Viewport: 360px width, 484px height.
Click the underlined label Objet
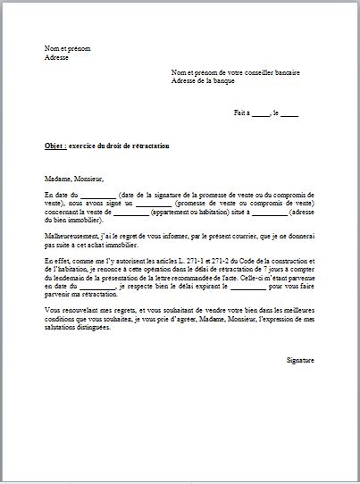click(x=54, y=145)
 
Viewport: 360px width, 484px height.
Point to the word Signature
click(x=300, y=359)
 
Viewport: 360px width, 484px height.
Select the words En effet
click(x=56, y=260)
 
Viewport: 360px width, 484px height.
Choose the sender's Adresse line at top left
click(x=56, y=56)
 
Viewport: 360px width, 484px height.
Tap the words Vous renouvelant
click(x=69, y=310)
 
